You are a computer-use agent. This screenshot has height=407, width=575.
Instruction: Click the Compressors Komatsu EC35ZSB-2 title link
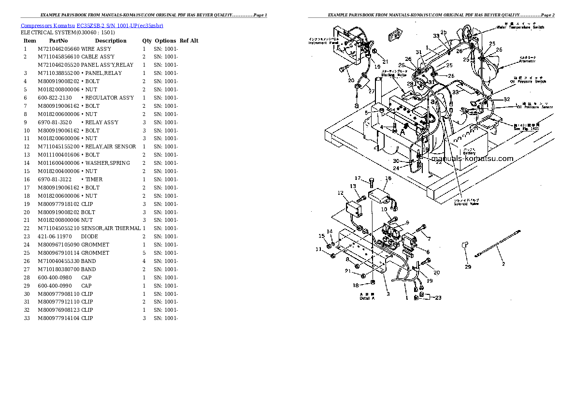point(92,25)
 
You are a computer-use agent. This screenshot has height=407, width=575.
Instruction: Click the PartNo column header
point(58,41)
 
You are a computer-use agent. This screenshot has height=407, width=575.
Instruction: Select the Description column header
point(111,41)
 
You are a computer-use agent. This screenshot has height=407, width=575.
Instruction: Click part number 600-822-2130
point(55,98)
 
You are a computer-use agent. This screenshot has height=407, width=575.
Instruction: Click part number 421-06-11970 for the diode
point(55,236)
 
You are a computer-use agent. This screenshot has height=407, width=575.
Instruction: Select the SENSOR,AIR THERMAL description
point(111,228)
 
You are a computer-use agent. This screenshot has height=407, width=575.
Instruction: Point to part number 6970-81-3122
point(55,179)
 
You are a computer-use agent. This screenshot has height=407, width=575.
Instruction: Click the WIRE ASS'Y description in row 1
point(96,49)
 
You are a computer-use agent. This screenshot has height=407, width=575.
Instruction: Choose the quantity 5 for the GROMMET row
point(144,253)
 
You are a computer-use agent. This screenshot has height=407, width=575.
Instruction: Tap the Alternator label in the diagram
point(527,61)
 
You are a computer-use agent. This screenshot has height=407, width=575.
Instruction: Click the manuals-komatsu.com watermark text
point(472,159)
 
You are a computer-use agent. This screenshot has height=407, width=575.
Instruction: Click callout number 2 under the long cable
point(503,264)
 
